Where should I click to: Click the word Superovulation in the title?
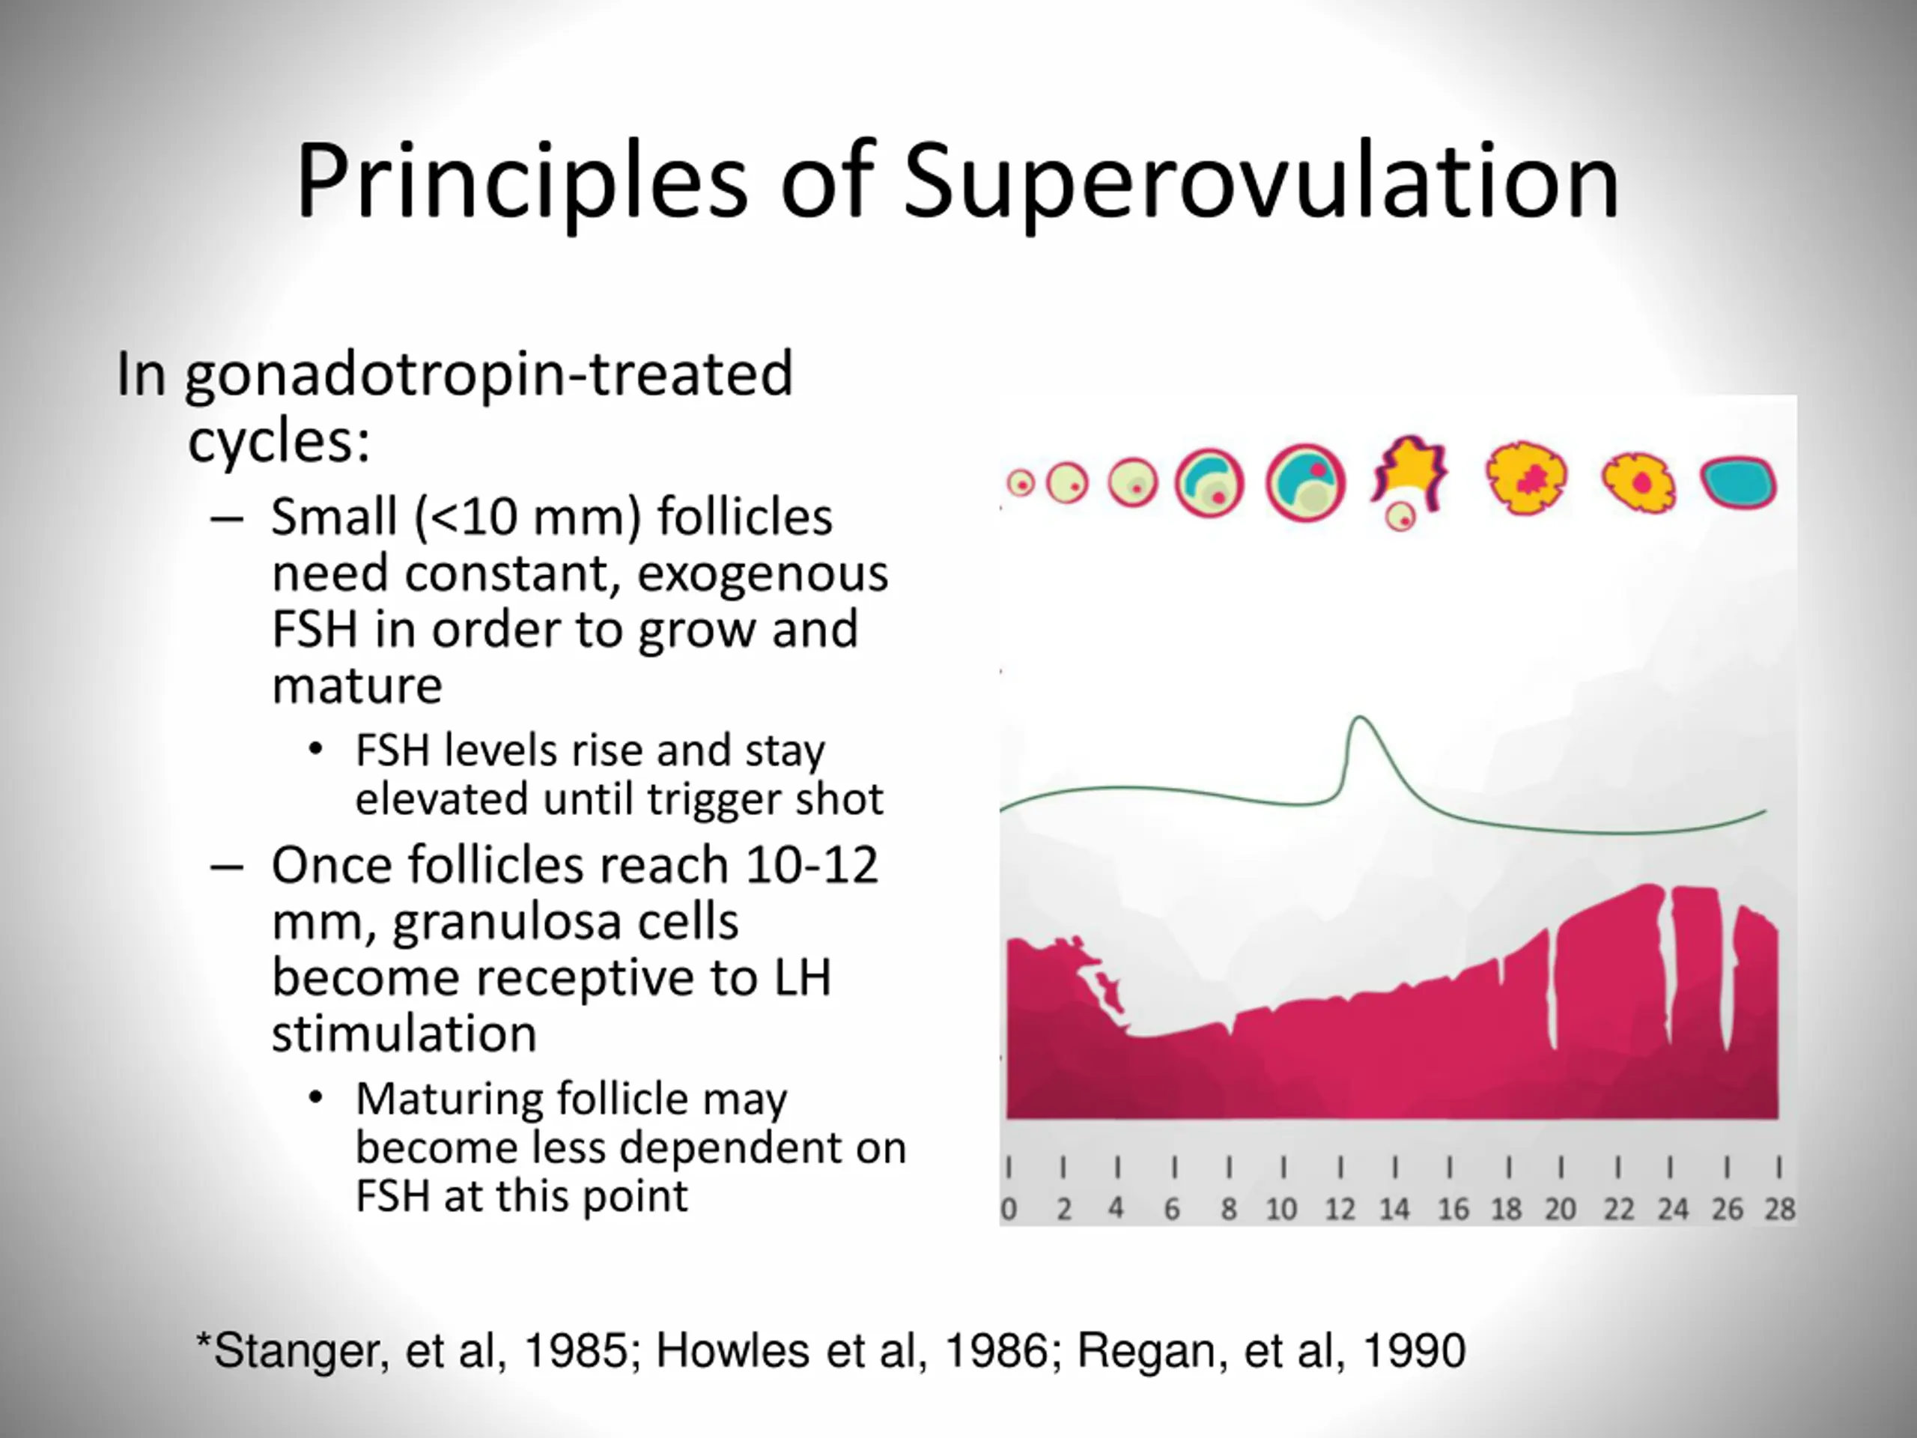pyautogui.click(x=1261, y=182)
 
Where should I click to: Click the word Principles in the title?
pyautogui.click(x=520, y=182)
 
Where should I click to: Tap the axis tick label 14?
pyautogui.click(x=1394, y=1209)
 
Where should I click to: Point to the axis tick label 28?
pyautogui.click(x=1780, y=1209)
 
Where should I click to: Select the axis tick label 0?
pyautogui.click(x=1009, y=1209)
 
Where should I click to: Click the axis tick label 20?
pyautogui.click(x=1560, y=1209)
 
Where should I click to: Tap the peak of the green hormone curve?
pyautogui.click(x=1359, y=718)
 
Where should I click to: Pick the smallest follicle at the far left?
pyautogui.click(x=1021, y=483)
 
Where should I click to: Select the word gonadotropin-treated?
pyautogui.click(x=489, y=374)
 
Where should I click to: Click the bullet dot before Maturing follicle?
pyautogui.click(x=316, y=1098)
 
